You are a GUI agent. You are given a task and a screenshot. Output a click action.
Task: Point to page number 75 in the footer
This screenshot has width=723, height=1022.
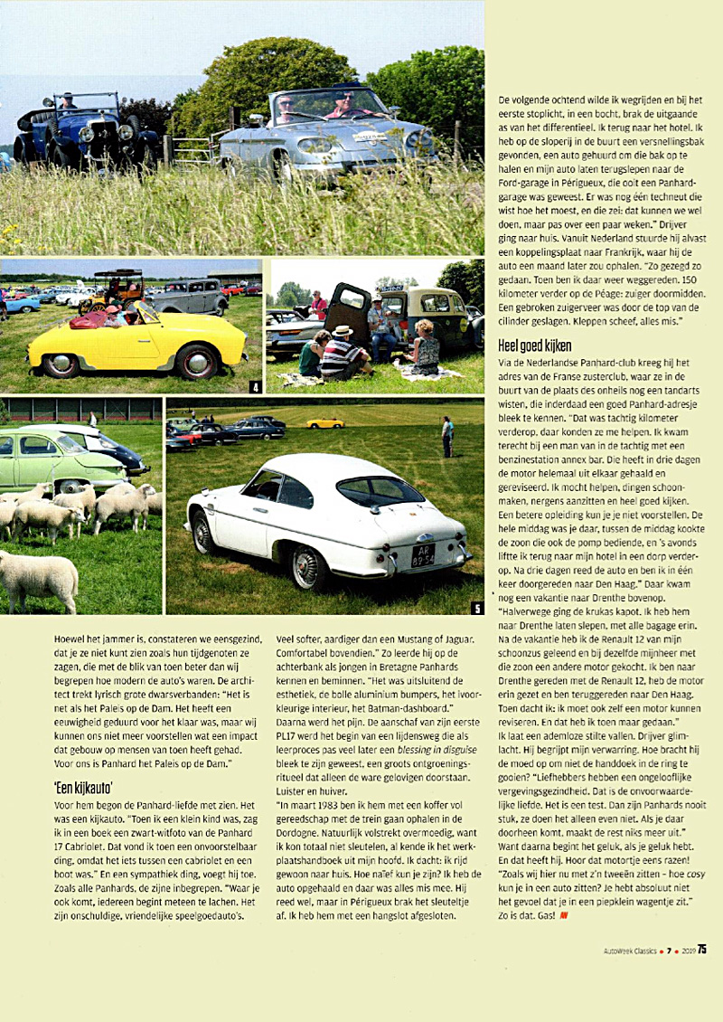click(701, 949)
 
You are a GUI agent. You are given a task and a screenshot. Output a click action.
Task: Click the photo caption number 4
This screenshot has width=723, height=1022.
click(257, 387)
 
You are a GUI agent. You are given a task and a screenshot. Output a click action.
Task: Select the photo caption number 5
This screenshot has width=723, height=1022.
click(477, 607)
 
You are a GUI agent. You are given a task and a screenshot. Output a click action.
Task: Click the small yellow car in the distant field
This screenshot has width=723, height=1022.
click(324, 422)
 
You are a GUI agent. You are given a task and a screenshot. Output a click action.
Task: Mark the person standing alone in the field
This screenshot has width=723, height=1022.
click(446, 436)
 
